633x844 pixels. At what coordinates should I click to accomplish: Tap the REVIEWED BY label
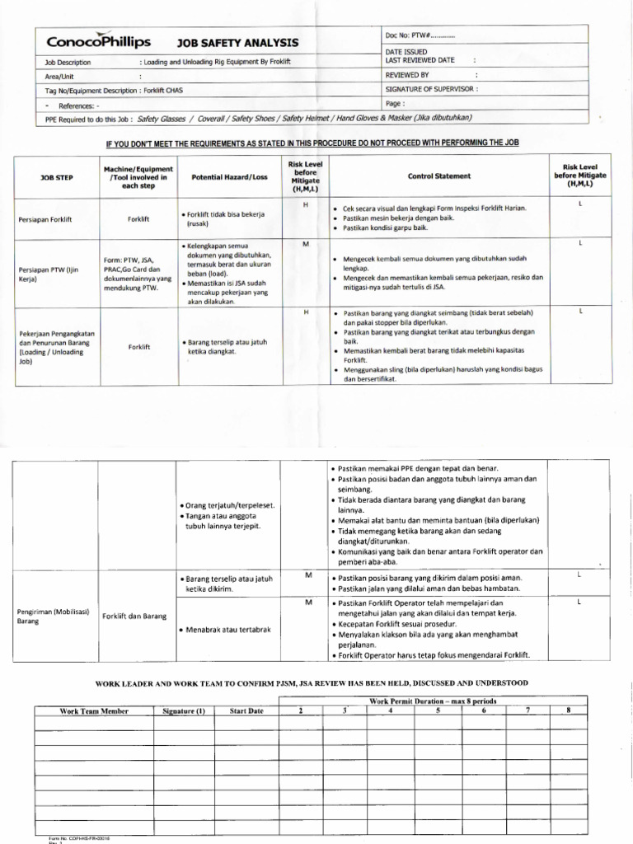[x=408, y=74]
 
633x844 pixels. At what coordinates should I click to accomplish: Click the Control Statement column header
[x=439, y=176]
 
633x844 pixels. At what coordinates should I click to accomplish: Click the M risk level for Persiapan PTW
[x=305, y=245]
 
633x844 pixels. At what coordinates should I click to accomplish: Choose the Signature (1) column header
[x=183, y=710]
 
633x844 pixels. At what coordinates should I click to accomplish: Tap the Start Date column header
[x=246, y=710]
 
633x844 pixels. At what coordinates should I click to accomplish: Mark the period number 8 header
[x=569, y=710]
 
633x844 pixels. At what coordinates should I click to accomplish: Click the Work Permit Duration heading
[x=433, y=701]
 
